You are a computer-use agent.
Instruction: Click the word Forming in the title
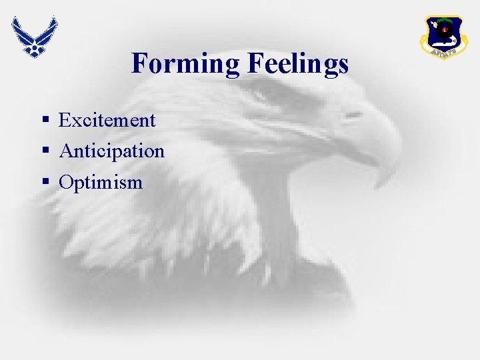point(187,64)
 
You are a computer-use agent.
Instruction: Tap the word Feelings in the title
point(298,64)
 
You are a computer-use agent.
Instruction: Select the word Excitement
point(107,121)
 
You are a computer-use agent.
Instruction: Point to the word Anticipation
point(111,151)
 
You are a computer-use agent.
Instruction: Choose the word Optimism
point(101,182)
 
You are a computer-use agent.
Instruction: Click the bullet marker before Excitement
point(46,121)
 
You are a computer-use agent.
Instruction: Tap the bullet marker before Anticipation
point(46,152)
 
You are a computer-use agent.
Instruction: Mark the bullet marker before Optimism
point(46,183)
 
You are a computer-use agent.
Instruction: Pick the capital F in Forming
point(139,64)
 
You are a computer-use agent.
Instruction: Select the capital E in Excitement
point(65,121)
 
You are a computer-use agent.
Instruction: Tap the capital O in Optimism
point(66,182)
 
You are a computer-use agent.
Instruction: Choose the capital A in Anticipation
point(66,151)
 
